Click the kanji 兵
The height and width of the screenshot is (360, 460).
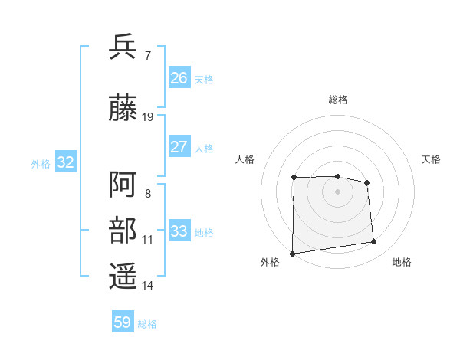(123, 47)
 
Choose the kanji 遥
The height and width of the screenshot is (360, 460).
(123, 277)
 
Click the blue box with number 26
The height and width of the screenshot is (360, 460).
(179, 78)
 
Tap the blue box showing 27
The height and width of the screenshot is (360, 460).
(179, 147)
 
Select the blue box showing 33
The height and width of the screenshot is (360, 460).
(179, 231)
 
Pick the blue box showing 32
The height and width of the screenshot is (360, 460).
(65, 162)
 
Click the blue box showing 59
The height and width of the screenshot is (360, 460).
(123, 322)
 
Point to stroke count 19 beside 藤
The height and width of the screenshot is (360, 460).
(148, 116)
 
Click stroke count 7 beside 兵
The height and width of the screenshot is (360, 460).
(147, 55)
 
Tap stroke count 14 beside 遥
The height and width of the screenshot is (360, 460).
(148, 285)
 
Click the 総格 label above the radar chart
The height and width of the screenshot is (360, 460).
(337, 100)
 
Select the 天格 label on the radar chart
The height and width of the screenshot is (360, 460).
(431, 159)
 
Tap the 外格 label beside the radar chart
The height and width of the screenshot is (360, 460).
(270, 262)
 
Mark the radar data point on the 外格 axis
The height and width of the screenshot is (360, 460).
(292, 254)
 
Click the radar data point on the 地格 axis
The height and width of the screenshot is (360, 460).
(374, 242)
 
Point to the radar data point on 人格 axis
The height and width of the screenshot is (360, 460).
(294, 178)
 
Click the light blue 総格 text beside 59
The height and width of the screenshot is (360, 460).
(147, 324)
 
